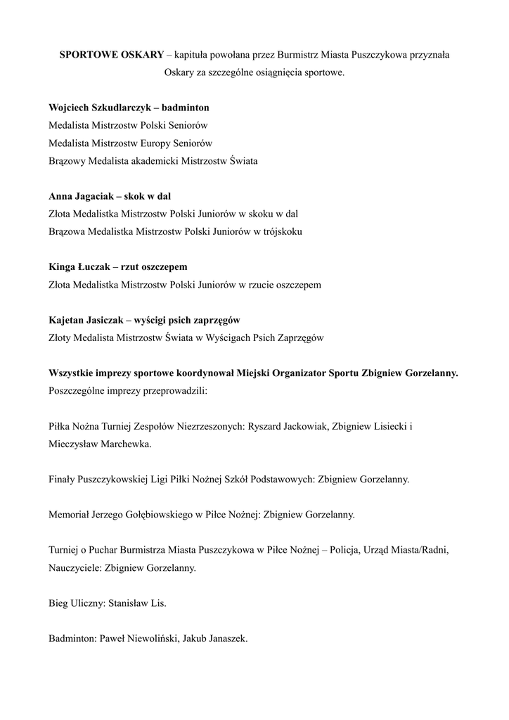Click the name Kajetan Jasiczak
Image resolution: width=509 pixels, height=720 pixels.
pos(86,320)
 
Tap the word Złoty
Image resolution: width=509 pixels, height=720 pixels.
pos(60,337)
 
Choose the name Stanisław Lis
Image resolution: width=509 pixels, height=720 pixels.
pos(137,603)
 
